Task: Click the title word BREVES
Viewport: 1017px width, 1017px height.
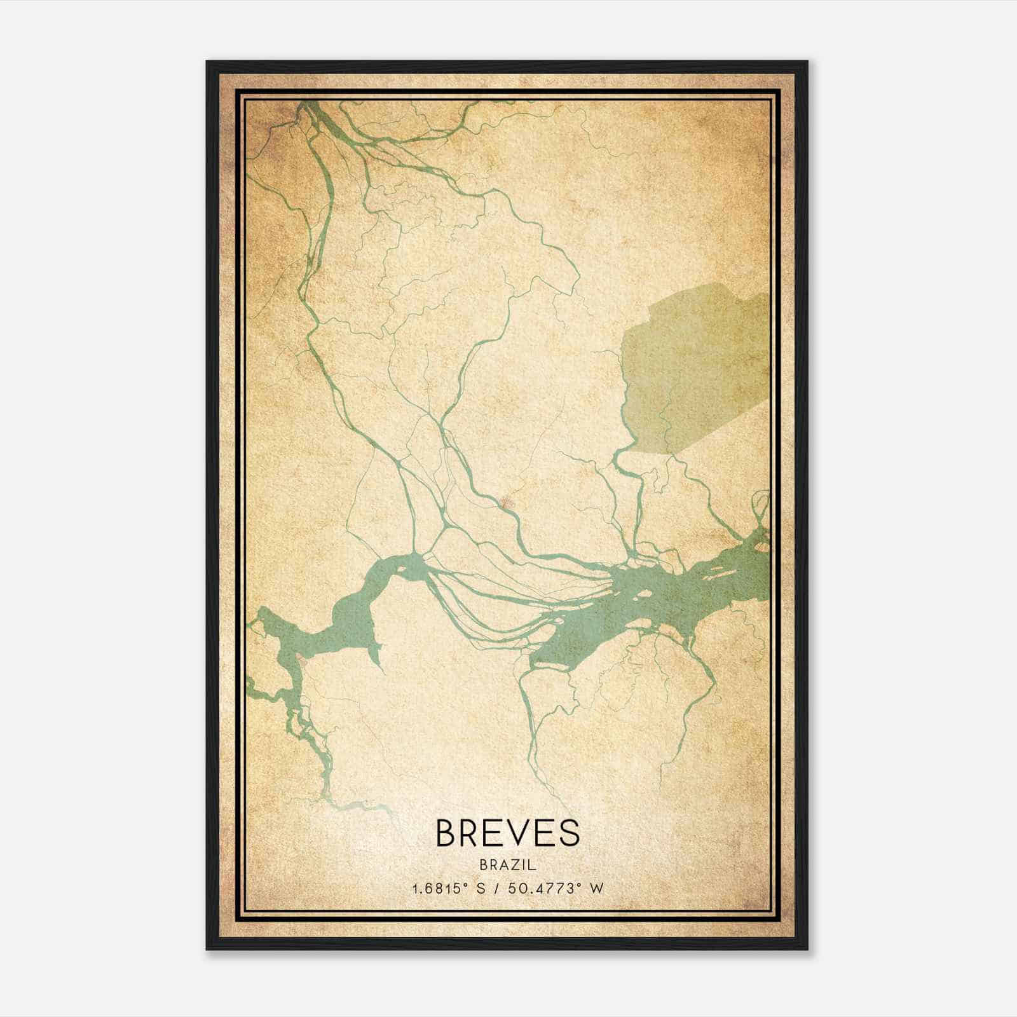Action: [x=507, y=833]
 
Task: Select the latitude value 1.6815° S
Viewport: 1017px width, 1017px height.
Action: [x=449, y=889]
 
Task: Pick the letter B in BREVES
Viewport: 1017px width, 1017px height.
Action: [x=446, y=833]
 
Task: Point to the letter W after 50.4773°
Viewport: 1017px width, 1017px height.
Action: [x=596, y=889]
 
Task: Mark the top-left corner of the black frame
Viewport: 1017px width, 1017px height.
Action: [x=207, y=62]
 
